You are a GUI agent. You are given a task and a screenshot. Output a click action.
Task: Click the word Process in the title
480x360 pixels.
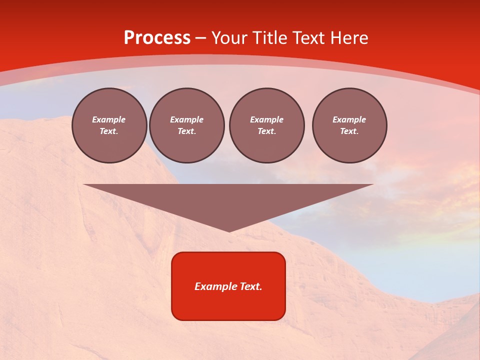click(x=157, y=38)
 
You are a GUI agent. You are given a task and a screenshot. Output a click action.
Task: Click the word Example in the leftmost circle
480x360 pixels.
click(x=109, y=119)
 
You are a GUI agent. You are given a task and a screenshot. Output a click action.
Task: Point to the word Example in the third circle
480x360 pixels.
click(x=266, y=119)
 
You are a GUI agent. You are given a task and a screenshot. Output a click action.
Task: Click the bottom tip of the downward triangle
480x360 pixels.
click(x=229, y=230)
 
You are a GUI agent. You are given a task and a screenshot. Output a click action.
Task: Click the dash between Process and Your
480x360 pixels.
click(x=200, y=38)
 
